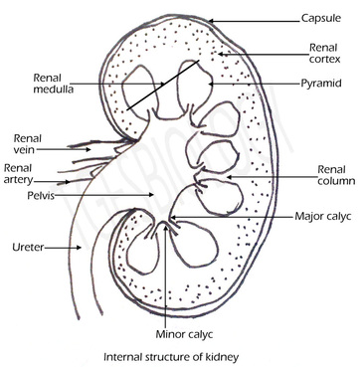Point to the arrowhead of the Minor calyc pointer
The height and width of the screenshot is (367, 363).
[x=167, y=232]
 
